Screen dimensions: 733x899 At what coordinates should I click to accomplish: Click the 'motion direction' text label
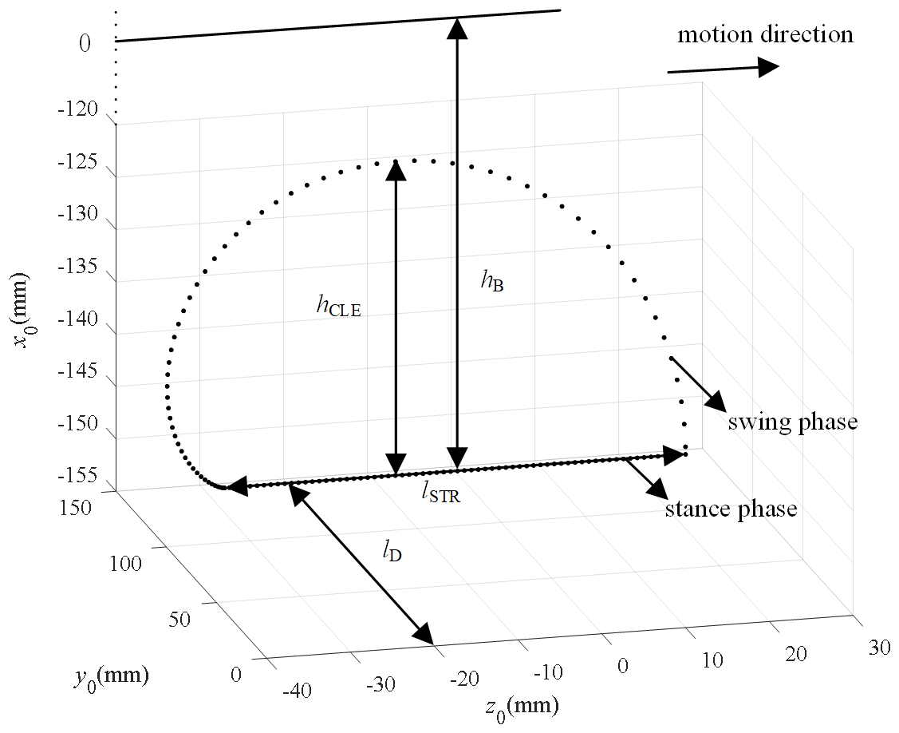[x=765, y=35]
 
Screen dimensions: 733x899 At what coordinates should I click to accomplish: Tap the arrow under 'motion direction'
[x=722, y=69]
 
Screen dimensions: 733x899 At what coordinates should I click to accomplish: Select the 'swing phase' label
[x=792, y=422]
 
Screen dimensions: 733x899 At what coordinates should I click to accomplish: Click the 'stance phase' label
[x=731, y=509]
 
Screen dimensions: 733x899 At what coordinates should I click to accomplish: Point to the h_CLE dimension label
[x=338, y=305]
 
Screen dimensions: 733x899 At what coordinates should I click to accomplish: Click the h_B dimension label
[x=492, y=282]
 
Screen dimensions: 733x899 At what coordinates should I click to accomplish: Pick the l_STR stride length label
[x=441, y=493]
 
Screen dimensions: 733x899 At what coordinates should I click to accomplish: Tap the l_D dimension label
[x=391, y=550]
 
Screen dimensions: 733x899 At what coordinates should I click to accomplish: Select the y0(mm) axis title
[x=110, y=677]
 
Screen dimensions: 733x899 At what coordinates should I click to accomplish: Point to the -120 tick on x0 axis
[x=78, y=111]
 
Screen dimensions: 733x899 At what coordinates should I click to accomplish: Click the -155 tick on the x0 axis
[x=78, y=477]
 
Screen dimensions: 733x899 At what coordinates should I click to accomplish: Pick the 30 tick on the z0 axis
[x=879, y=648]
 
